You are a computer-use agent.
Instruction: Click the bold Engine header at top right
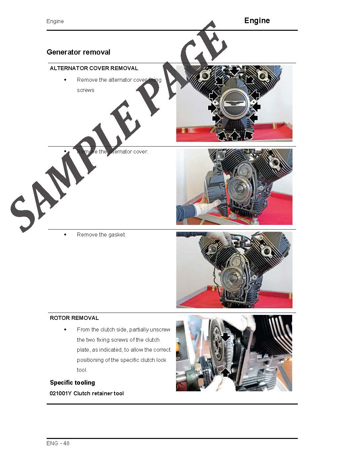(257, 21)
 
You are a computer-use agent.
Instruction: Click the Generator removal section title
(78, 52)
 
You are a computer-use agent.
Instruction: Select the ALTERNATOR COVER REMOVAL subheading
(94, 68)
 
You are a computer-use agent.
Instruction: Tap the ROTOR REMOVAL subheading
(74, 318)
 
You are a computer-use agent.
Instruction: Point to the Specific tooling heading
(72, 383)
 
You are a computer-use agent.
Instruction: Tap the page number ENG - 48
(58, 443)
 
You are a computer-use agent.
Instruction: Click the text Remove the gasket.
(101, 235)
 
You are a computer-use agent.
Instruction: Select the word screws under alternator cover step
(86, 90)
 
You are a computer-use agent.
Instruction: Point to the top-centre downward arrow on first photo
(234, 71)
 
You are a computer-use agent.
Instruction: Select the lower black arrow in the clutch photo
(225, 372)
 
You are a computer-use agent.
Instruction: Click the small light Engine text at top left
(55, 21)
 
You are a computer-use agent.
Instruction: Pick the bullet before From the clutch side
(65, 329)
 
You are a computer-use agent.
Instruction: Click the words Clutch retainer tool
(99, 394)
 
